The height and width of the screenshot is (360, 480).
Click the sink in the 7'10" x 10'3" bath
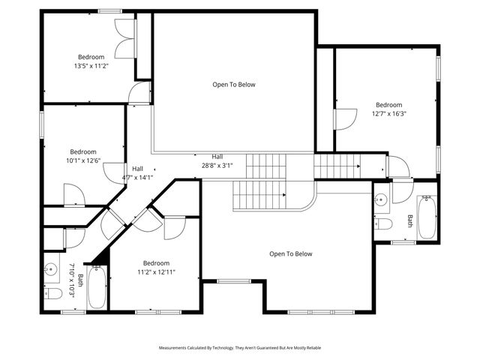click(x=52, y=268)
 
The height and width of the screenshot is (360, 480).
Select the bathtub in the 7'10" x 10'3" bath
click(x=97, y=288)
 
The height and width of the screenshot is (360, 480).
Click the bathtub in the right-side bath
click(x=426, y=217)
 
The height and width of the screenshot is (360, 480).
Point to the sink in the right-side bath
click(x=380, y=199)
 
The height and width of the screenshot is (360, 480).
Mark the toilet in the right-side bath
click(x=382, y=224)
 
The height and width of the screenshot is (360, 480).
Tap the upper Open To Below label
click(x=234, y=85)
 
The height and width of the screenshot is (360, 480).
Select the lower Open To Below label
click(x=290, y=254)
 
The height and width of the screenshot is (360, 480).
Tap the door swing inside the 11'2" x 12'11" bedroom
click(x=174, y=227)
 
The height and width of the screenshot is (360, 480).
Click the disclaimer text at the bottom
click(x=239, y=348)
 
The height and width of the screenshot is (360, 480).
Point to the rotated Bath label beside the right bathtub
click(x=409, y=220)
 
